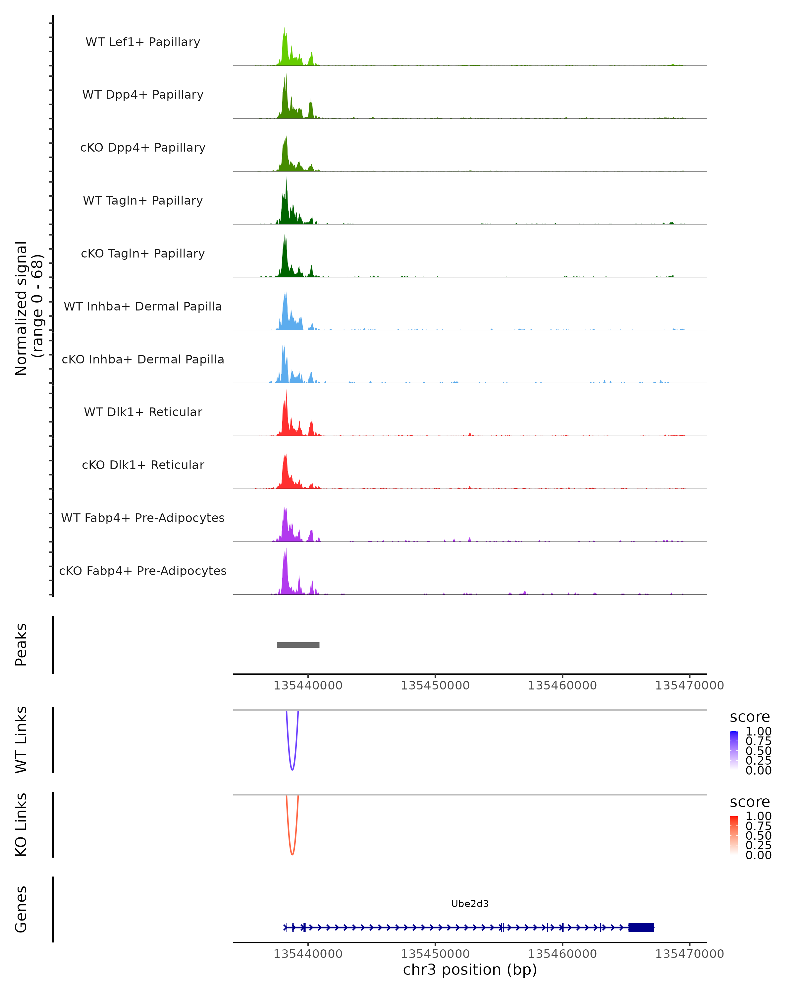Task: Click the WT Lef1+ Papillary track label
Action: point(143,42)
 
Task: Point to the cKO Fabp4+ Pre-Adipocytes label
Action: point(143,571)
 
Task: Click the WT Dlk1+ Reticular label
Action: point(143,412)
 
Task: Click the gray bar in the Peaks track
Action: point(298,645)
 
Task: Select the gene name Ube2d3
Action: point(470,904)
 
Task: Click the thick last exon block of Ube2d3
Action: point(641,927)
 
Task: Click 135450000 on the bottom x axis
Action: point(435,954)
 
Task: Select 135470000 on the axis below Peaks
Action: point(689,686)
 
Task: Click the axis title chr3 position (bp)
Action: point(470,970)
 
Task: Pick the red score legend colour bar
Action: point(734,835)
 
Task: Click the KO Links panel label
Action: point(21,825)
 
